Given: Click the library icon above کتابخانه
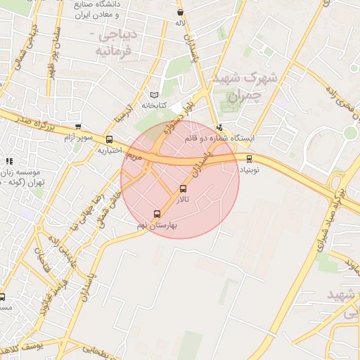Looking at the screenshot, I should [x=155, y=95].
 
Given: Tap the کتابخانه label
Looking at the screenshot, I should [x=157, y=105].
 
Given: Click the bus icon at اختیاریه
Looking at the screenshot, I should [x=108, y=139].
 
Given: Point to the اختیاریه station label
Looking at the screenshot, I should [x=110, y=150].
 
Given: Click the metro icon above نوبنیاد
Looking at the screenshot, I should [x=249, y=159].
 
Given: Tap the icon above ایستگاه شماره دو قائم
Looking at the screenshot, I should [x=220, y=127].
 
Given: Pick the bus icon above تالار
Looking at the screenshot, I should [x=184, y=189].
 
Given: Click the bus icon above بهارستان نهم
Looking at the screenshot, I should [x=157, y=214].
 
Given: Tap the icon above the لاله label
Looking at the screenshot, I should [x=181, y=12].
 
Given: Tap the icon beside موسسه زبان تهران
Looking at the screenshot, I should [x=9, y=162].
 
